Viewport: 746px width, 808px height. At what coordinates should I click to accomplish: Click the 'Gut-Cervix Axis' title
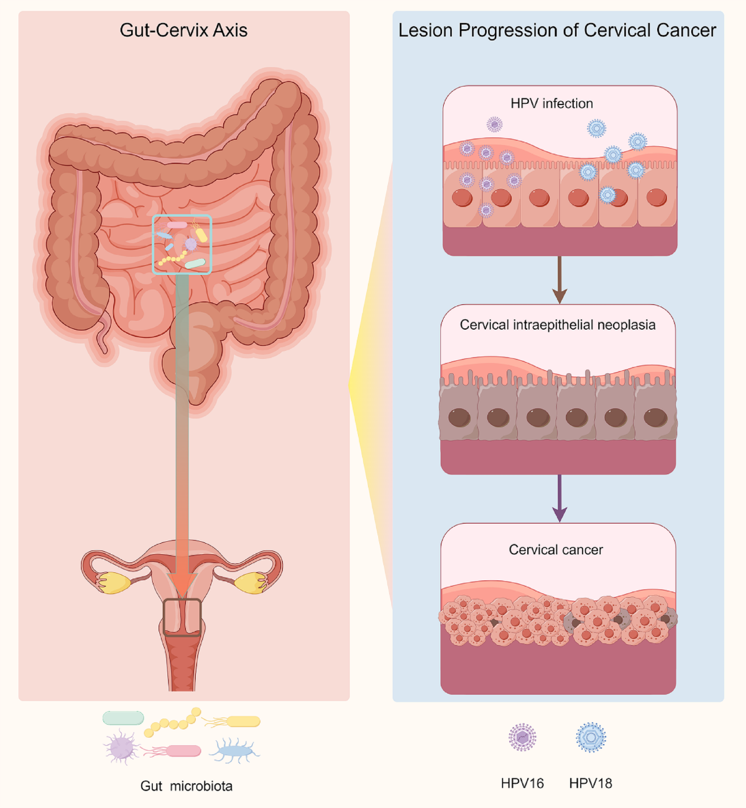tap(183, 30)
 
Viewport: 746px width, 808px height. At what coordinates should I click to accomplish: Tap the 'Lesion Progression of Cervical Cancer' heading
tap(557, 30)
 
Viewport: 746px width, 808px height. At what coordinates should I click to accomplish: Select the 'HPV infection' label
tap(551, 104)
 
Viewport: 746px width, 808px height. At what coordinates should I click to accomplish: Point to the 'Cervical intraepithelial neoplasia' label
tap(557, 325)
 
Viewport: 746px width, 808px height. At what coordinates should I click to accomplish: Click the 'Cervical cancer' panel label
tap(556, 550)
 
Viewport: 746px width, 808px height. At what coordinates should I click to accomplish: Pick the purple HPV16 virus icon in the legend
tap(522, 738)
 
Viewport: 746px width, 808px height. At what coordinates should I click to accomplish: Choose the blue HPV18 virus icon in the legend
tap(591, 738)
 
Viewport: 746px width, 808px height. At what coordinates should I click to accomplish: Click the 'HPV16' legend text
tap(522, 783)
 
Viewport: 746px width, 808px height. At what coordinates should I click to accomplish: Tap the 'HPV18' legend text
tap(591, 783)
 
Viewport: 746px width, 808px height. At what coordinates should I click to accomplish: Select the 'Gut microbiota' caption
tap(186, 786)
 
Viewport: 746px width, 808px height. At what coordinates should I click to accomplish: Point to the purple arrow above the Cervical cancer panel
tap(559, 498)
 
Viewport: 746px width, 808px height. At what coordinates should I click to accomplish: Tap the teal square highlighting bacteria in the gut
tap(182, 244)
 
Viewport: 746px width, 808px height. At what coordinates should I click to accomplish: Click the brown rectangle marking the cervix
tap(182, 617)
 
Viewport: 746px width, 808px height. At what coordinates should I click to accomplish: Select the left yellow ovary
tap(114, 582)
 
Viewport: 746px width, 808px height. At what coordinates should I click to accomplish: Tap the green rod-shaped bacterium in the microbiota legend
tap(123, 718)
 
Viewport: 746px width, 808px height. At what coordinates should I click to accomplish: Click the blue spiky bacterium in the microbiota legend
tap(235, 750)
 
